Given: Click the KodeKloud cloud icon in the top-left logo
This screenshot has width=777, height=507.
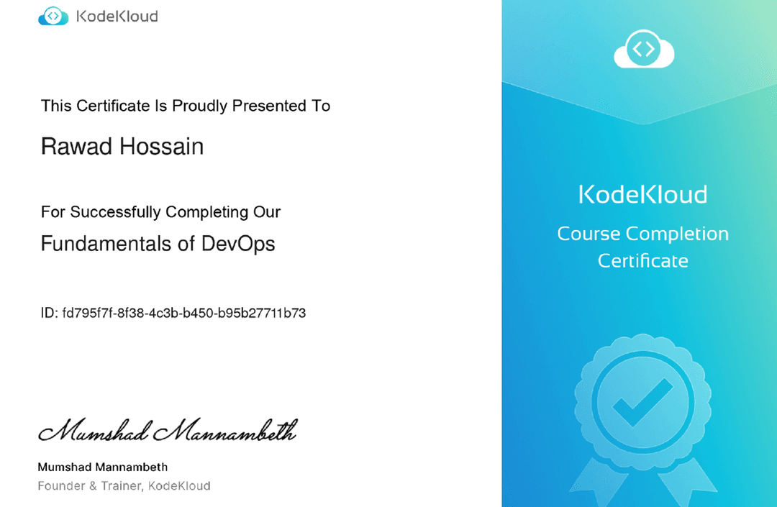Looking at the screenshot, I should pyautogui.click(x=53, y=17).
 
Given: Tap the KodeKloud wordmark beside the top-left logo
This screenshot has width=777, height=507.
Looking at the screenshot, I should pyautogui.click(x=117, y=17).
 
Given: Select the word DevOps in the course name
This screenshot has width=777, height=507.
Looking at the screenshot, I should pyautogui.click(x=238, y=244).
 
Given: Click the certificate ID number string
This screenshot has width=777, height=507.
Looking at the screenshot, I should pyautogui.click(x=184, y=313).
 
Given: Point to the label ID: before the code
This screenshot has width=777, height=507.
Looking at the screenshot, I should pyautogui.click(x=50, y=313).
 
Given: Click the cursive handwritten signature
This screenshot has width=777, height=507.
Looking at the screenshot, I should pyautogui.click(x=167, y=431).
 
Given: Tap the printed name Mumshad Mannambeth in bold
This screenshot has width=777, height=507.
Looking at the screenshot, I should pyautogui.click(x=102, y=467).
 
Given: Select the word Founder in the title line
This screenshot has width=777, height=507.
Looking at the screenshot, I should pyautogui.click(x=60, y=486).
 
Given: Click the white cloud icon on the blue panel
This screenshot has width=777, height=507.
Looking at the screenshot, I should pyautogui.click(x=643, y=50).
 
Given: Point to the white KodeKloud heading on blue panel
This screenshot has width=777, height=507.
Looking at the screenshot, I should pyautogui.click(x=643, y=195).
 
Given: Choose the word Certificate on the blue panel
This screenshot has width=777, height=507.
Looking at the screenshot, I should pyautogui.click(x=643, y=260).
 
